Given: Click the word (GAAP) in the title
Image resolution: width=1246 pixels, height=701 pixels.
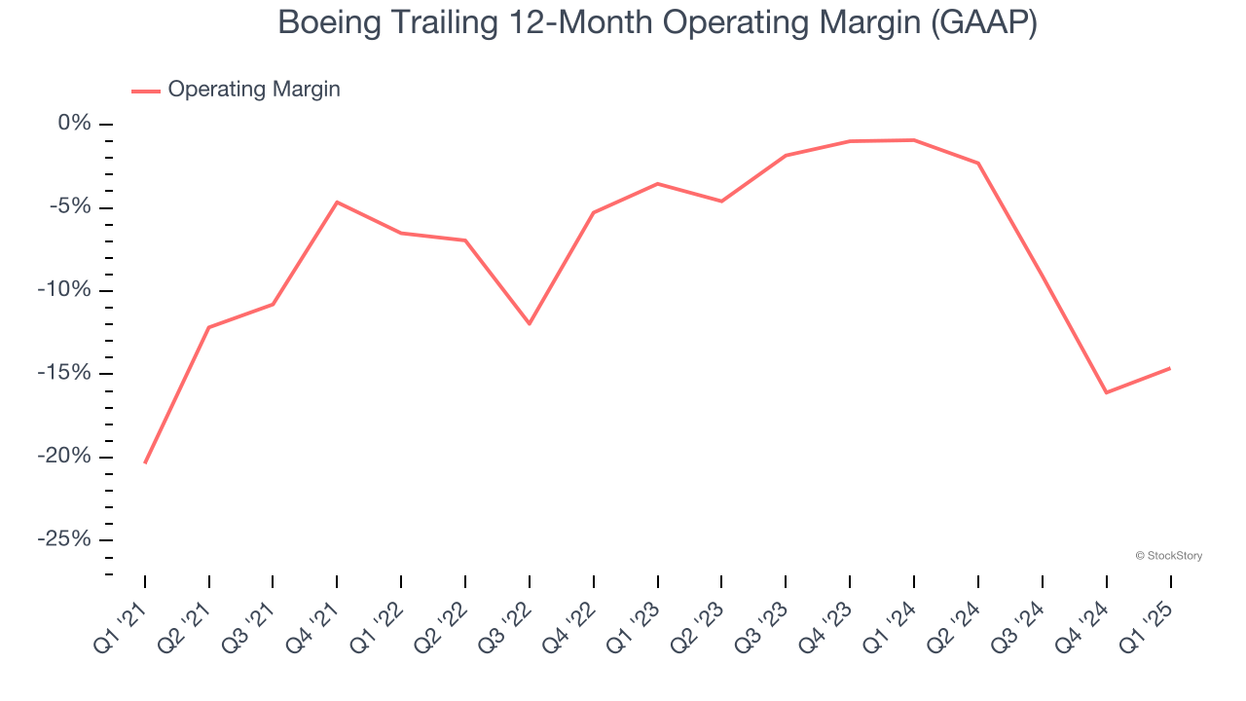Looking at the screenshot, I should click(983, 22).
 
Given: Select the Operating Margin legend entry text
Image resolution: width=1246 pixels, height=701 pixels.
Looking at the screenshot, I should click(254, 90).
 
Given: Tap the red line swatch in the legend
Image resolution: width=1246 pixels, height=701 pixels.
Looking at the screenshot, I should click(146, 91).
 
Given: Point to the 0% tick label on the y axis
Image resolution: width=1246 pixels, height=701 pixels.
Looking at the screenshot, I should click(74, 124).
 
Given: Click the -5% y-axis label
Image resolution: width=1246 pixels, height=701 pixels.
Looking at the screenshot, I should click(70, 206).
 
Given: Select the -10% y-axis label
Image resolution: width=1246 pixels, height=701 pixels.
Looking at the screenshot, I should click(65, 290).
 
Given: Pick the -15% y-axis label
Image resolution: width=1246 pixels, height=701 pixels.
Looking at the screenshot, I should click(65, 373).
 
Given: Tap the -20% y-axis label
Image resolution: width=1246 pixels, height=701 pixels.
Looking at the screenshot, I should click(65, 457).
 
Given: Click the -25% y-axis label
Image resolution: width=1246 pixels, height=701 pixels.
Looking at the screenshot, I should click(65, 539).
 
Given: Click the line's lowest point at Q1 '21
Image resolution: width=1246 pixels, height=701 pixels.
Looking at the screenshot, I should click(145, 462).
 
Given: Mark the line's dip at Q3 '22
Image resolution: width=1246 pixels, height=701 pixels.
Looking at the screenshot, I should click(530, 323).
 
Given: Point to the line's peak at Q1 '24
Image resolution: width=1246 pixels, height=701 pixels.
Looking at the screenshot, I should click(913, 140).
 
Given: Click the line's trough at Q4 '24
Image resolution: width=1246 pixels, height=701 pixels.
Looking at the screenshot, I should click(1106, 392).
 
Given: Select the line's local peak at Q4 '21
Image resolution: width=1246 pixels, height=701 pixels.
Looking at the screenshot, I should click(337, 202).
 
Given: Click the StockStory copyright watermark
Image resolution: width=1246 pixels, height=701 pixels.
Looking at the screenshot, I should click(1169, 556).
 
